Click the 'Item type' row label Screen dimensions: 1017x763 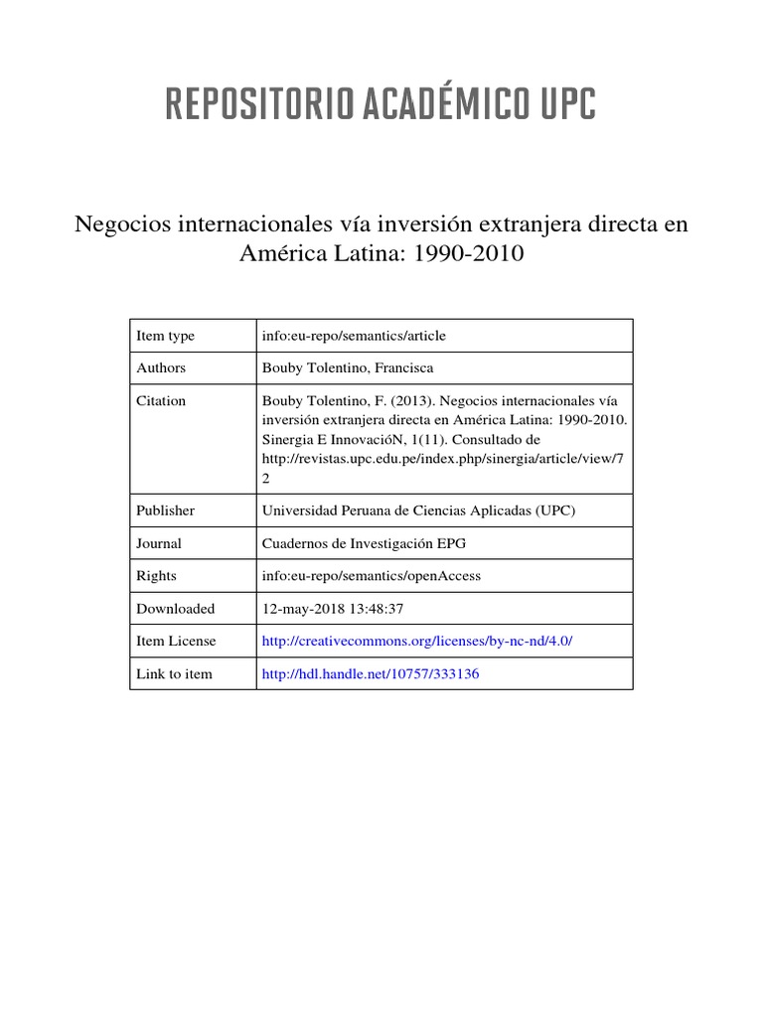click(165, 336)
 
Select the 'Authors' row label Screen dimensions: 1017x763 click(161, 367)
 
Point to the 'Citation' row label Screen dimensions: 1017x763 click(161, 401)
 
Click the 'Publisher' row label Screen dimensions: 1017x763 click(165, 510)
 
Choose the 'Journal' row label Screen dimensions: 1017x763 click(159, 543)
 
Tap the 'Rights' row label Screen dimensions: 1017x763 click(157, 576)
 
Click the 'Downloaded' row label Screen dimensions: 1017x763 click(175, 609)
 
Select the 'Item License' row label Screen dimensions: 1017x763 click(176, 642)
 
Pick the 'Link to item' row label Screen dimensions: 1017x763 click(174, 674)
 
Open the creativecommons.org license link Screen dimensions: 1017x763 click(416, 642)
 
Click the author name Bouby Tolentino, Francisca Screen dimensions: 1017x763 click(347, 367)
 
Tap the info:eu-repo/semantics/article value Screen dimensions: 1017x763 click(353, 336)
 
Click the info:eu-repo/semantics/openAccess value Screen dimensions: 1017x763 click(371, 576)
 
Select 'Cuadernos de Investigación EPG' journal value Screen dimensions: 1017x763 click(363, 543)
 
